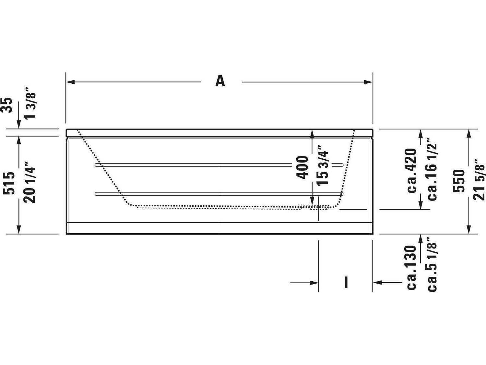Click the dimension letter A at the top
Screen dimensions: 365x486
coord(220,81)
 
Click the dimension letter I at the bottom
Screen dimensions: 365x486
coord(346,282)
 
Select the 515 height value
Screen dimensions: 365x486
coord(9,183)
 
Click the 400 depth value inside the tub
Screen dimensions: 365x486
coord(302,167)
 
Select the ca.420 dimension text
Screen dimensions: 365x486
coord(412,170)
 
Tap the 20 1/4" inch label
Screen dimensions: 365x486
coord(31,182)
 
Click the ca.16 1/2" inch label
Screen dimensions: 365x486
coord(433,169)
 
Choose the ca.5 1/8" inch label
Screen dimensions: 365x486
coord(433,267)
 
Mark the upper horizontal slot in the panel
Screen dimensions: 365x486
coord(219,165)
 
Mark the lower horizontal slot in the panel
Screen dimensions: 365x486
coord(219,194)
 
